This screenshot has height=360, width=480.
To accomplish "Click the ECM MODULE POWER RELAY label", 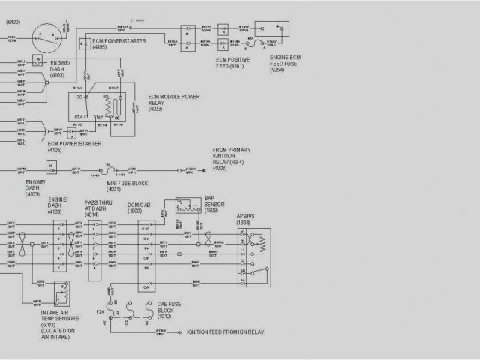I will (174, 102).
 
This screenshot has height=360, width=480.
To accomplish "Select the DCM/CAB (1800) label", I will (140, 209).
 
